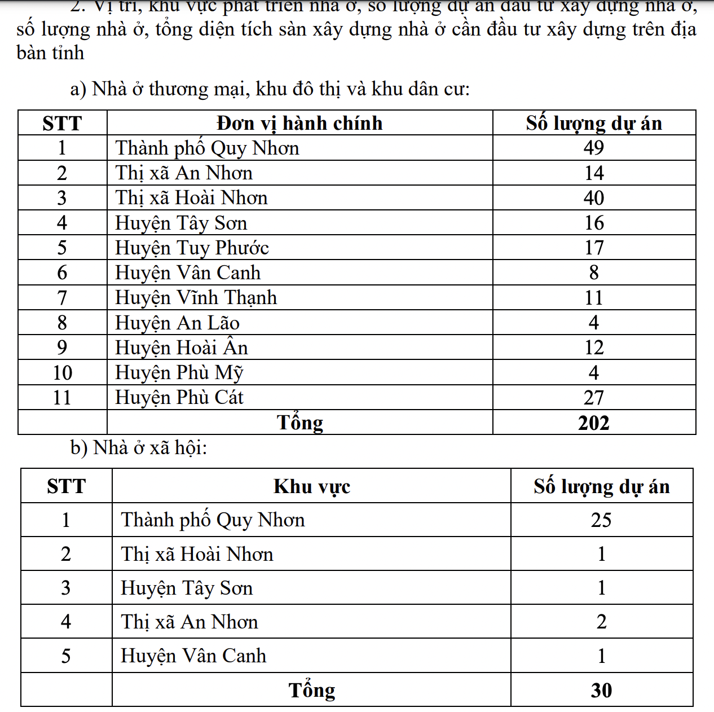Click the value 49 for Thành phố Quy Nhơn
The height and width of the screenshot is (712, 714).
click(x=593, y=148)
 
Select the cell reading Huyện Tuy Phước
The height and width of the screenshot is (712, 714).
click(x=192, y=248)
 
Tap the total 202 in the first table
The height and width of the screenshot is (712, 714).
click(x=593, y=423)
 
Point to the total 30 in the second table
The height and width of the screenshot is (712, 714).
click(x=601, y=690)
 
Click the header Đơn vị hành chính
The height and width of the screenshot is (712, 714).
click(x=299, y=123)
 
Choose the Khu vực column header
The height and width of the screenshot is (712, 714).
click(x=311, y=486)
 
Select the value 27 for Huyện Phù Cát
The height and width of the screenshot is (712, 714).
click(x=593, y=398)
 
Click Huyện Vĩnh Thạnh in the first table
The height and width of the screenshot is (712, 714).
click(x=196, y=297)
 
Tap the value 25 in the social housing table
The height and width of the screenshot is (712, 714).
click(x=601, y=520)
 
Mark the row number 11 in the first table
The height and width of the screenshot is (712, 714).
click(x=62, y=398)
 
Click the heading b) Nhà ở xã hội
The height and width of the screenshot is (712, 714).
click(x=139, y=447)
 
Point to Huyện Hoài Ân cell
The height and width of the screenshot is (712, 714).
click(x=181, y=348)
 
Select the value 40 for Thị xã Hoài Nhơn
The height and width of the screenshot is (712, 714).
click(x=593, y=197)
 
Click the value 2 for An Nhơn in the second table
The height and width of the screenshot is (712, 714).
click(x=601, y=622)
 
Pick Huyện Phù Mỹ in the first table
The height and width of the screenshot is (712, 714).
click(x=179, y=372)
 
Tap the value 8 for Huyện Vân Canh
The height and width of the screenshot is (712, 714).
click(x=593, y=273)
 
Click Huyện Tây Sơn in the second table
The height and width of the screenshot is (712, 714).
click(x=187, y=588)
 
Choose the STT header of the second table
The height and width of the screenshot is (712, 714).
click(x=66, y=486)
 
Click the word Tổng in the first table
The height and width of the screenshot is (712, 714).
click(x=299, y=423)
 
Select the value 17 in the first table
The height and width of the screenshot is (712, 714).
click(x=593, y=248)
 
